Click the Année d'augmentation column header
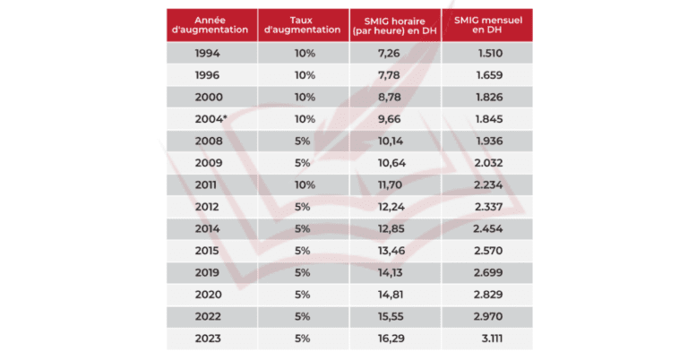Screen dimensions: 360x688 tap(211, 24)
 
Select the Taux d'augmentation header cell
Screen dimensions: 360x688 tap(304, 24)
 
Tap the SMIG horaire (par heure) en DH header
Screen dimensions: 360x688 tap(395, 24)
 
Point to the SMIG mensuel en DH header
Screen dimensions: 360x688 tap(486, 24)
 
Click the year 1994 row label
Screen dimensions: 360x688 tap(207, 54)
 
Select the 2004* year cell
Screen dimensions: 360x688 tap(211, 119)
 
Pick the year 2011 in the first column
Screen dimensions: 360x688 tap(207, 185)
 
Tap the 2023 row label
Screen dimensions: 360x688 tap(207, 339)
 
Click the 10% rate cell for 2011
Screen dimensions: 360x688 tap(304, 185)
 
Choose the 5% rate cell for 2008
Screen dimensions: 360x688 tap(303, 141)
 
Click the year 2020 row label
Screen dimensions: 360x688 tap(207, 295)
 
